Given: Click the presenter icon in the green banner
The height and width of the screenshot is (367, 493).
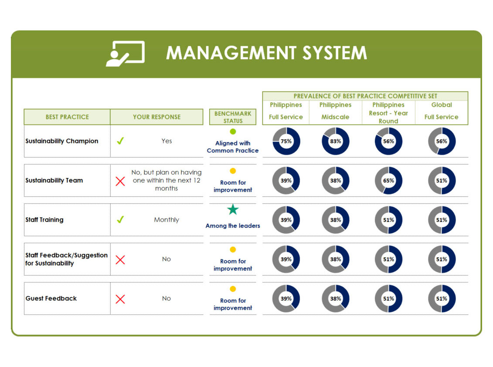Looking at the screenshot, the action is pyautogui.click(x=126, y=54).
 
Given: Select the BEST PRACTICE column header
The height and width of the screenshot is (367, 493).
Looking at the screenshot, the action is pyautogui.click(x=67, y=117).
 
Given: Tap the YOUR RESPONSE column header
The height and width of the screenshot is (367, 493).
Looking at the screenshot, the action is pyautogui.click(x=156, y=117).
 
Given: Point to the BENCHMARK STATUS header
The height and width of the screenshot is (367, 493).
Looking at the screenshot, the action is pyautogui.click(x=233, y=117).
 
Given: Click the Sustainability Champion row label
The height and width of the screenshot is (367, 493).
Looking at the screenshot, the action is pyautogui.click(x=61, y=141).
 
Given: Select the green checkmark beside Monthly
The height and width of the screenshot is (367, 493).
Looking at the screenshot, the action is pyautogui.click(x=120, y=219).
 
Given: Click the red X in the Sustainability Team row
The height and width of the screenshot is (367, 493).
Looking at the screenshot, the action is pyautogui.click(x=120, y=181).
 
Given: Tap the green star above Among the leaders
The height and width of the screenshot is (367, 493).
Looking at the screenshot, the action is pyautogui.click(x=233, y=209).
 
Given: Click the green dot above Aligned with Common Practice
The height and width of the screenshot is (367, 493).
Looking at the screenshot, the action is pyautogui.click(x=233, y=131).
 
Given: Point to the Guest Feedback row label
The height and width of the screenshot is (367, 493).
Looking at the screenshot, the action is pyautogui.click(x=51, y=298).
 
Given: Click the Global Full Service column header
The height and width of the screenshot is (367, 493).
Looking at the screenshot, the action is pyautogui.click(x=442, y=111).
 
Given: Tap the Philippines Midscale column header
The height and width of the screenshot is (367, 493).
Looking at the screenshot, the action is pyautogui.click(x=335, y=111).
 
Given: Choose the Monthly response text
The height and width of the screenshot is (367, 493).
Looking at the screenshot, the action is pyautogui.click(x=167, y=220).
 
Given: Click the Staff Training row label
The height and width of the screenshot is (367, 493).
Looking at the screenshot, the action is pyautogui.click(x=44, y=220).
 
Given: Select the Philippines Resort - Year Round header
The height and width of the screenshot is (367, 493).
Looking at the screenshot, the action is pyautogui.click(x=388, y=113).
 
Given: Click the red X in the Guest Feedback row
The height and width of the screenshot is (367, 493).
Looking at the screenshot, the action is pyautogui.click(x=120, y=299).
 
